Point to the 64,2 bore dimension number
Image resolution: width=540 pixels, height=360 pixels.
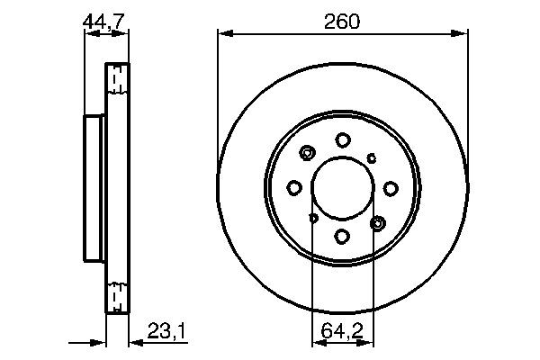(342, 333)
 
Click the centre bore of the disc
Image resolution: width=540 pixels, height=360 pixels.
(343, 188)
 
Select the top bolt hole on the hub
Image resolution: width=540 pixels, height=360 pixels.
(343, 139)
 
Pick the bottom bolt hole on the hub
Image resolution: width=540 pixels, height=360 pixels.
(343, 236)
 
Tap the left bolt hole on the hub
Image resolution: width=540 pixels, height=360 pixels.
(294, 187)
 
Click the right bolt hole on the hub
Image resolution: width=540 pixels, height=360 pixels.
(391, 187)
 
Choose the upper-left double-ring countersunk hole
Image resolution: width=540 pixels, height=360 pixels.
(309, 153)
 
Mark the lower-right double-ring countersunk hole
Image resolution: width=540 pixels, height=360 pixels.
(377, 222)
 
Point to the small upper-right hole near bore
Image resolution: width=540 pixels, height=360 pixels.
(373, 157)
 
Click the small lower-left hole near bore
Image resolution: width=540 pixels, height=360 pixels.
(313, 217)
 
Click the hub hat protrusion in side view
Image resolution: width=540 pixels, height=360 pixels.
(94, 188)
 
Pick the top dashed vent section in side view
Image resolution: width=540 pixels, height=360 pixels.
(115, 81)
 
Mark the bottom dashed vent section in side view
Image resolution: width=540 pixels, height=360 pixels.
(115, 295)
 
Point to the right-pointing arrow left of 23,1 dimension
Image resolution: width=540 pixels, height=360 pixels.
(99, 342)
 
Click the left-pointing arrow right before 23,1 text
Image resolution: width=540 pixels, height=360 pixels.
(135, 342)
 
